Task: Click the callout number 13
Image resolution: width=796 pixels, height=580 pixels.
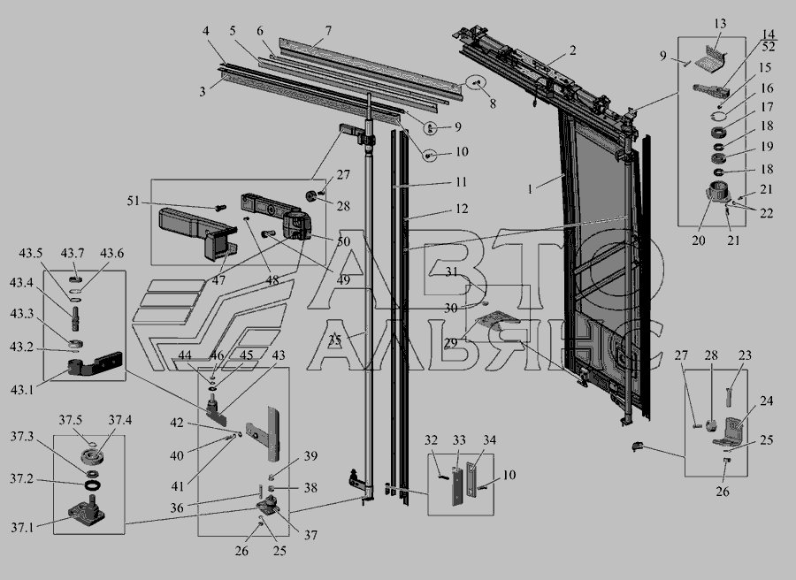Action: click(720, 24)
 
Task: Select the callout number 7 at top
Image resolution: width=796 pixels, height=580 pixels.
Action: click(328, 30)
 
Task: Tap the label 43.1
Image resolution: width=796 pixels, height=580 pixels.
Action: click(21, 390)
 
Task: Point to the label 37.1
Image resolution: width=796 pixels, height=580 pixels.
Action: click(22, 528)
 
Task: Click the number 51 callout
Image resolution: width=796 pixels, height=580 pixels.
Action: click(133, 202)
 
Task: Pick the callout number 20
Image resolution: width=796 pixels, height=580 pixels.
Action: click(699, 240)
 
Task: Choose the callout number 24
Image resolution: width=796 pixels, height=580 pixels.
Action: click(767, 401)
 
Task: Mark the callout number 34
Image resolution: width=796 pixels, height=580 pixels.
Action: click(489, 440)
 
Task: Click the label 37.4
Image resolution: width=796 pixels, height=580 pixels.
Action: click(119, 420)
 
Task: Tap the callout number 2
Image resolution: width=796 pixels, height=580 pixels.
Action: click(572, 50)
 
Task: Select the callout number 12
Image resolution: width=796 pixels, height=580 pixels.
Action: click(462, 209)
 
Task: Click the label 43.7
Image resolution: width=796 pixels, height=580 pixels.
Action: click(73, 253)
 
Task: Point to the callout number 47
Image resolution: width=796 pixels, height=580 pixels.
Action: click(218, 280)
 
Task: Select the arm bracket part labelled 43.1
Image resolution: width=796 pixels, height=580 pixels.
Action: click(95, 364)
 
